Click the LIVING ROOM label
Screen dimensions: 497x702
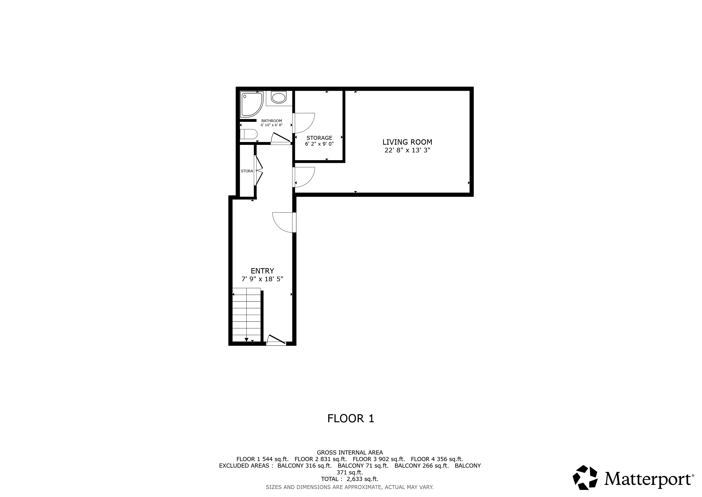click(x=407, y=142)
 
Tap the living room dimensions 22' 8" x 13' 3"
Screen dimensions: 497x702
click(x=407, y=150)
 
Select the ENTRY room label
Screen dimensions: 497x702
click(x=262, y=271)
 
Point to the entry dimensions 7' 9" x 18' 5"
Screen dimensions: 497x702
click(x=262, y=279)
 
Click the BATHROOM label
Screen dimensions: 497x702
click(x=271, y=121)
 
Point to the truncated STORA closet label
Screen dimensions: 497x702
click(x=247, y=171)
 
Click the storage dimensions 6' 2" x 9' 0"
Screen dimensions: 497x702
click(x=319, y=144)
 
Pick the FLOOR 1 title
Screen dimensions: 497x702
click(x=351, y=419)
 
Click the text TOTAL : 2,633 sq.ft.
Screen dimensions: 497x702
click(x=350, y=479)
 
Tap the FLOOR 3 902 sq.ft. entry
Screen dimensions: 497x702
click(x=379, y=459)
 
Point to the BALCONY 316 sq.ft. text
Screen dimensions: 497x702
click(x=304, y=466)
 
